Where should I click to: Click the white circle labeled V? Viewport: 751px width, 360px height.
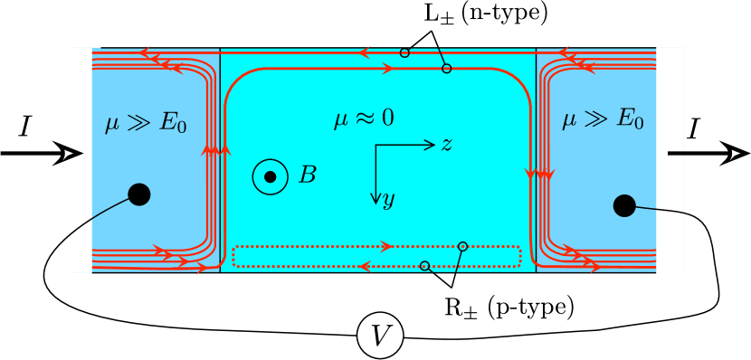click(x=380, y=336)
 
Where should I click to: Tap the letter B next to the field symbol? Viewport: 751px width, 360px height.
click(x=308, y=175)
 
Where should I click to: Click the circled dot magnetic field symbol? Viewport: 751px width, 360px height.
click(x=270, y=176)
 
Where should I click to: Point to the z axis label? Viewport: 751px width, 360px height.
click(x=446, y=145)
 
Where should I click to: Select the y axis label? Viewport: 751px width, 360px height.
click(x=388, y=200)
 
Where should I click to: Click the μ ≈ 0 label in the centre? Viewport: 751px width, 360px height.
click(x=364, y=118)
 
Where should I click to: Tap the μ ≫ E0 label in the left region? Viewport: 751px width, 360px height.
click(x=146, y=121)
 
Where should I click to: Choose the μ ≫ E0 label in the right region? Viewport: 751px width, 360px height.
click(x=603, y=118)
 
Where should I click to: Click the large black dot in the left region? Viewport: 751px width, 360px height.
click(x=139, y=194)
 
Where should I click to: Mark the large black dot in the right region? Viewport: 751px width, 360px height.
click(x=624, y=206)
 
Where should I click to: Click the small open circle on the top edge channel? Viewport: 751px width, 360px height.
click(x=404, y=52)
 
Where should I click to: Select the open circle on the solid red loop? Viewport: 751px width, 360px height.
click(x=446, y=69)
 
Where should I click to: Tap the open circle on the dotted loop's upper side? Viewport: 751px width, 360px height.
click(x=462, y=246)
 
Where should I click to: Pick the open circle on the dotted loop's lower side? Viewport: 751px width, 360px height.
click(x=424, y=266)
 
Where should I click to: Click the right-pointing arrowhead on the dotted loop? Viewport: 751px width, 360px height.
click(x=387, y=246)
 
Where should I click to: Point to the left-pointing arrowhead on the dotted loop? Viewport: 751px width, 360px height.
click(x=365, y=266)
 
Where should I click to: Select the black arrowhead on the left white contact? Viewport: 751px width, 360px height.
click(x=72, y=153)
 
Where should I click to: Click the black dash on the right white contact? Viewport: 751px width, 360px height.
click(x=675, y=153)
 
